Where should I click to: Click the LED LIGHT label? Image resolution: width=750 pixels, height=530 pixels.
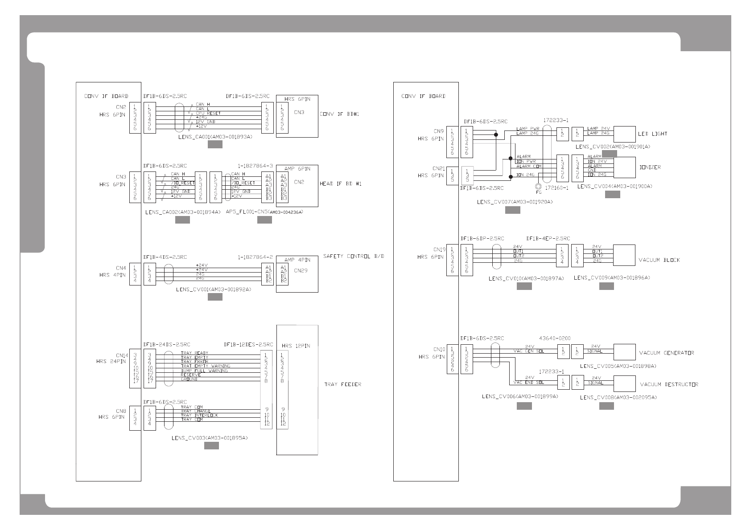(652, 134)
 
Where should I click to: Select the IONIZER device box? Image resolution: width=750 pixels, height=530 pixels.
(624, 167)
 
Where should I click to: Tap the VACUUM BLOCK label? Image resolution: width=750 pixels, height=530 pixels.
(659, 260)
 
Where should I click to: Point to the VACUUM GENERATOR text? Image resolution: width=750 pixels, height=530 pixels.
(666, 353)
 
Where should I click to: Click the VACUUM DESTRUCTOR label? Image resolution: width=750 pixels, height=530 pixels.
(669, 384)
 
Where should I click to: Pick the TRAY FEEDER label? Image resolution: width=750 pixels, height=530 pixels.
(342, 384)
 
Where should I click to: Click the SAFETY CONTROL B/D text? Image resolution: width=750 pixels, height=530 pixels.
(353, 256)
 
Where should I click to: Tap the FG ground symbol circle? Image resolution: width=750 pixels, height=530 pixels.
(538, 187)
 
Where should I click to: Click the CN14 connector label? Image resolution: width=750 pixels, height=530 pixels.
(122, 355)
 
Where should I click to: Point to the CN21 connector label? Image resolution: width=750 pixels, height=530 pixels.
(439, 169)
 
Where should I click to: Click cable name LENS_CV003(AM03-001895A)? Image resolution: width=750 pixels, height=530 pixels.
(210, 438)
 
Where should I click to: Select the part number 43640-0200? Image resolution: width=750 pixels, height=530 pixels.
(554, 338)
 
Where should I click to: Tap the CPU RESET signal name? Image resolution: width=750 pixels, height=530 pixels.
(208, 113)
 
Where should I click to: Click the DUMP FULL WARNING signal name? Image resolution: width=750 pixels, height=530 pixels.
(204, 370)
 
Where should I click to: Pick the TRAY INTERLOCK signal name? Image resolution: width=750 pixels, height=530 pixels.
(199, 415)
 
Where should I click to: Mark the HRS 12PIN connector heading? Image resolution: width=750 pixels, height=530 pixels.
(296, 345)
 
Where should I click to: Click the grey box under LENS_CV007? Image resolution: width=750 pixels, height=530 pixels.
(512, 210)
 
